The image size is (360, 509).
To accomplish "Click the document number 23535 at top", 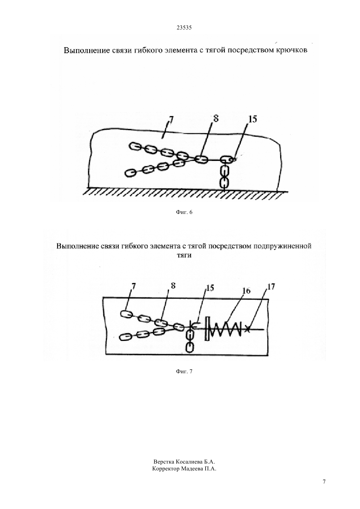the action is coord(184,28).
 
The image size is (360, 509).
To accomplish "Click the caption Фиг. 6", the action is coord(184,212).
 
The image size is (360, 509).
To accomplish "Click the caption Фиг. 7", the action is coord(184,372).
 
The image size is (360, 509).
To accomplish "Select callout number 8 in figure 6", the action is coord(216,118).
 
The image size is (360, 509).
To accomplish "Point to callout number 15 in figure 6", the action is coord(253,119).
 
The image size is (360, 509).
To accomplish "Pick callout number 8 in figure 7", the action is coord(173,285).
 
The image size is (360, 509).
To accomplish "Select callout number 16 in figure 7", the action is coord(246,290).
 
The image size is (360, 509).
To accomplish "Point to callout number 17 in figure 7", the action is coord(271,287).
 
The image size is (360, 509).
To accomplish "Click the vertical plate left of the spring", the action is coord(207,329).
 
